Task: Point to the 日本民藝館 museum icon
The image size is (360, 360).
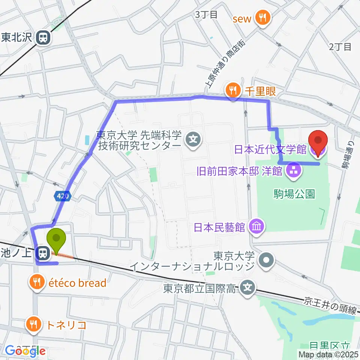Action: pos(257,227)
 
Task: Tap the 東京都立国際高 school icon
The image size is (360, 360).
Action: pos(247,288)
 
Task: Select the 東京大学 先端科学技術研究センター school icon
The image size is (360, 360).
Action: pos(193,140)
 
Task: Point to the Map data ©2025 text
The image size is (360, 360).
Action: pos(328,354)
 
